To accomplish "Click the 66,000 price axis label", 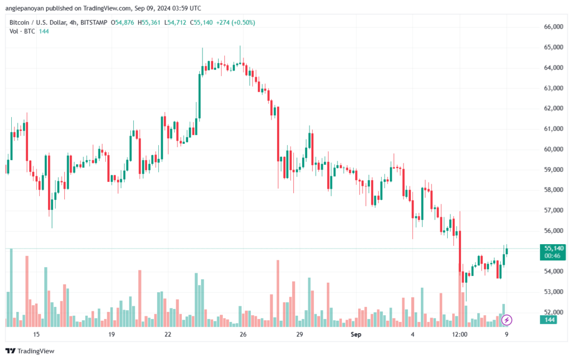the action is pos(553,27).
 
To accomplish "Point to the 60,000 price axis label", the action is pos(553,149).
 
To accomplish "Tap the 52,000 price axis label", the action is pos(553,312).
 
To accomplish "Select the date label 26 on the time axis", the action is pos(243,334).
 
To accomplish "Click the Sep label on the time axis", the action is pos(355,334).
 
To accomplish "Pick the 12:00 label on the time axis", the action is pos(459,334).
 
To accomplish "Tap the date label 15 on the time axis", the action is pos(36,334).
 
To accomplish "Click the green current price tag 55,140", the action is pos(553,249).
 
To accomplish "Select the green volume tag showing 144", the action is pos(549,320).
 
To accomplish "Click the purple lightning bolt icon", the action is pos(506,320).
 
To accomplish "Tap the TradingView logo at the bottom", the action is pos(30,351).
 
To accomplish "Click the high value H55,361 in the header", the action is pos(149,22).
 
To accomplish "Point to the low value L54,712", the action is pos(175,22).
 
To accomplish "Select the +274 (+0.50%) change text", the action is pos(236,22).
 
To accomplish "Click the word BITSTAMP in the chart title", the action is pos(93,22).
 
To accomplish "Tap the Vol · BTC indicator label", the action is pos(22,31).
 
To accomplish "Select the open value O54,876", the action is pos(123,22).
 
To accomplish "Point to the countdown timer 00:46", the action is pos(552,256).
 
